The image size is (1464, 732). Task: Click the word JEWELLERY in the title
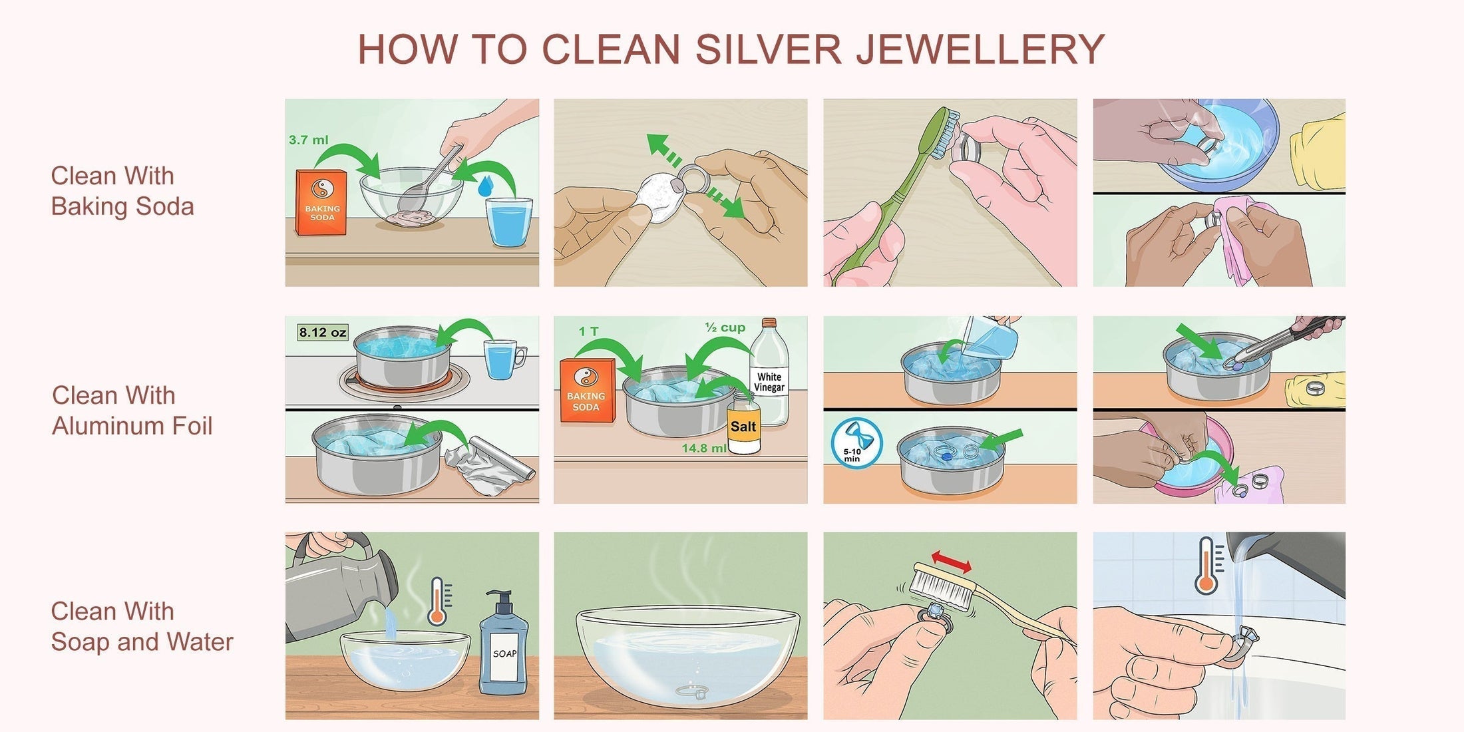pos(980,50)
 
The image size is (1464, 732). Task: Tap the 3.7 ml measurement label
pos(308,140)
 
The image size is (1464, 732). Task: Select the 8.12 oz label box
pos(323,332)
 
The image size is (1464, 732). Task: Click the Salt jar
pos(743,426)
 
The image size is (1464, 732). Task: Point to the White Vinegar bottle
pos(769,376)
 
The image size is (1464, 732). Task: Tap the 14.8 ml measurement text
pos(703,449)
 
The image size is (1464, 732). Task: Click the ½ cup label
pos(725,327)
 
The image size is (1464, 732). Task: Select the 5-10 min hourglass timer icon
pos(856,443)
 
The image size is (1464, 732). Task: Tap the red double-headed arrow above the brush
pos(950,562)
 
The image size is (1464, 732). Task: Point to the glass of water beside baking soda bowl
pos(509,222)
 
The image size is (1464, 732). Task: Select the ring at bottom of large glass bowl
pos(692,692)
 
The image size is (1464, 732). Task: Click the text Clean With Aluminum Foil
pos(132,411)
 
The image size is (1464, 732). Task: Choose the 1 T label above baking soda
pos(588,331)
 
